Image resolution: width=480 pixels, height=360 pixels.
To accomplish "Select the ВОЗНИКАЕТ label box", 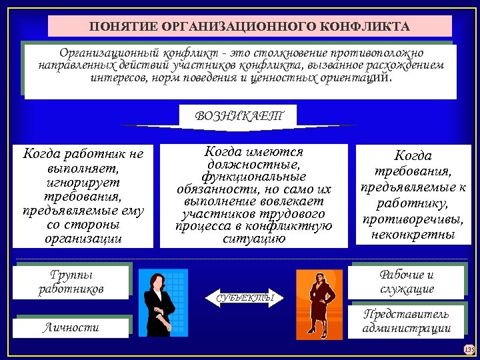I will (x=238, y=115).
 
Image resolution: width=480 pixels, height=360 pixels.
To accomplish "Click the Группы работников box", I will (x=72, y=282).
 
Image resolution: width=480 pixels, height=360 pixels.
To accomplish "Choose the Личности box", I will (x=72, y=327).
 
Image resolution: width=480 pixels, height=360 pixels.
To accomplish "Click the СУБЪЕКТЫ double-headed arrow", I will (x=245, y=297).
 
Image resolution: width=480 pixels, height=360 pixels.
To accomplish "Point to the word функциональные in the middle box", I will (x=253, y=176).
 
